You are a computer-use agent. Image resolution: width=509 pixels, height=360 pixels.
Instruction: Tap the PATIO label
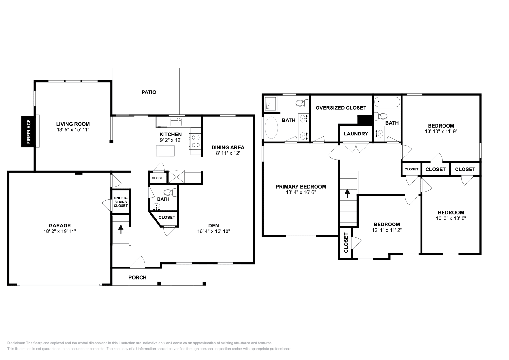point(149,92)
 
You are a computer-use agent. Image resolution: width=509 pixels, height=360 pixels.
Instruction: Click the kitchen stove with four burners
point(195,141)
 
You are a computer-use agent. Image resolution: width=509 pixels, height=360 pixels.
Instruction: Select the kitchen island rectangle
point(165,151)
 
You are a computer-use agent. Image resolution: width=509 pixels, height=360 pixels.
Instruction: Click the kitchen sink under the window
point(175,122)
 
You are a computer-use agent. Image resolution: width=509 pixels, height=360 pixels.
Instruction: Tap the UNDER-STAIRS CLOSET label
point(121,202)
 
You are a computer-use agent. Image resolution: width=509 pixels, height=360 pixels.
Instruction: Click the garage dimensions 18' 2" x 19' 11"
point(60,231)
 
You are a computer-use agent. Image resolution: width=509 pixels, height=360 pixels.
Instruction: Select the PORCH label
point(137,277)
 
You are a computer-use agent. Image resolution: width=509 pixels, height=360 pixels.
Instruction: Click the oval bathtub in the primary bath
point(271,128)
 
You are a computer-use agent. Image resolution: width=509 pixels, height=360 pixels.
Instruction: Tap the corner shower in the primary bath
point(271,103)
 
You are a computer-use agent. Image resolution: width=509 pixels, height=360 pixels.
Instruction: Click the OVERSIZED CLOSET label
point(341,108)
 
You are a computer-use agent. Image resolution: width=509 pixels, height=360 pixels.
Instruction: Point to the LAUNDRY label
point(356,134)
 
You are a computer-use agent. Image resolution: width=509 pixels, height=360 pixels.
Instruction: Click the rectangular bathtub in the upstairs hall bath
point(387,102)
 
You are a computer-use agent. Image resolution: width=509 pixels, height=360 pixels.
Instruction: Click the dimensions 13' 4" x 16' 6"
point(301,192)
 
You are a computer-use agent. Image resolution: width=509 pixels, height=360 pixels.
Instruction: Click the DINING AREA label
point(228,147)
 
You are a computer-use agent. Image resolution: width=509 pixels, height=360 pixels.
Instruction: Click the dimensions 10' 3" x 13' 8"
point(451,218)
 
